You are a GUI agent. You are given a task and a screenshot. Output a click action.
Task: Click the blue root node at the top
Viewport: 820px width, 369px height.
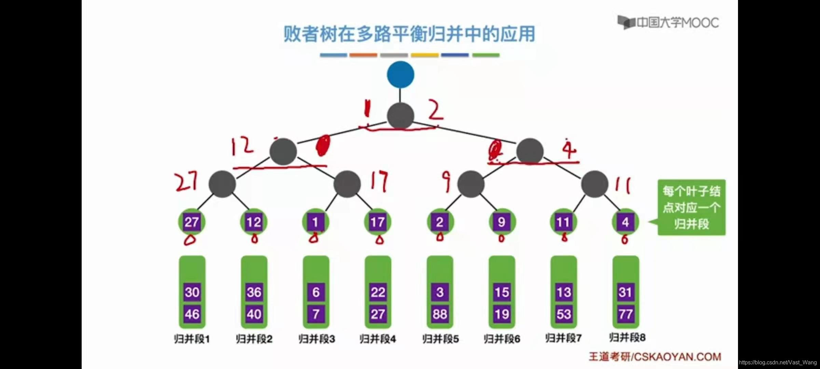(x=400, y=74)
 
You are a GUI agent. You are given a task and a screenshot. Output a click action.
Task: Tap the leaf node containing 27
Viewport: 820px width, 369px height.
(x=192, y=222)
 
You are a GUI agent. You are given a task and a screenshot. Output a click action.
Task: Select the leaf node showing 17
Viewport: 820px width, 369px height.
(x=378, y=222)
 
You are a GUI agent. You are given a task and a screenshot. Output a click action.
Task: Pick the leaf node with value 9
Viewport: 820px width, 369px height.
(x=502, y=222)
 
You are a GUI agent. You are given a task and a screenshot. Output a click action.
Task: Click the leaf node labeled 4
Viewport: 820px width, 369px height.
(x=625, y=222)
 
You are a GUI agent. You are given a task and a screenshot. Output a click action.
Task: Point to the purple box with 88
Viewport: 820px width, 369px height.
(x=440, y=314)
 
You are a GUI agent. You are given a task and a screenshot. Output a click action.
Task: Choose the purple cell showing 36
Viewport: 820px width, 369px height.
(x=254, y=292)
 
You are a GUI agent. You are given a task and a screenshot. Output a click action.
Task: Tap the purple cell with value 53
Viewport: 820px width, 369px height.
(x=563, y=314)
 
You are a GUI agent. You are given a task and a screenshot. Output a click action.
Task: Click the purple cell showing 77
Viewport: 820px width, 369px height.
(x=626, y=314)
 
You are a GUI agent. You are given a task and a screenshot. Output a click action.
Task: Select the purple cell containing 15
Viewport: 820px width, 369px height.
(x=502, y=292)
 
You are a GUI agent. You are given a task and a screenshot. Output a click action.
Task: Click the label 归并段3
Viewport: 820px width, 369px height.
(x=316, y=339)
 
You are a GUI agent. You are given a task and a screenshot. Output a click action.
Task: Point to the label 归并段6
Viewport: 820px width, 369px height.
(x=502, y=339)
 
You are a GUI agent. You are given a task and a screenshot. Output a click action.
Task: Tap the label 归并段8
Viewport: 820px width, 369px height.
(x=627, y=338)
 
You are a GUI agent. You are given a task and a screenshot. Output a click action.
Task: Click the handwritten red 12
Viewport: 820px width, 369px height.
(x=242, y=147)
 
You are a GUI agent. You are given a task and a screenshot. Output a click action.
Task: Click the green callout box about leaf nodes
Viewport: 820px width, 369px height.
(x=692, y=207)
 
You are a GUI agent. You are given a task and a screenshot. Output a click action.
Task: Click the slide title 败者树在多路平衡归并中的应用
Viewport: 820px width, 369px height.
(x=409, y=34)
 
